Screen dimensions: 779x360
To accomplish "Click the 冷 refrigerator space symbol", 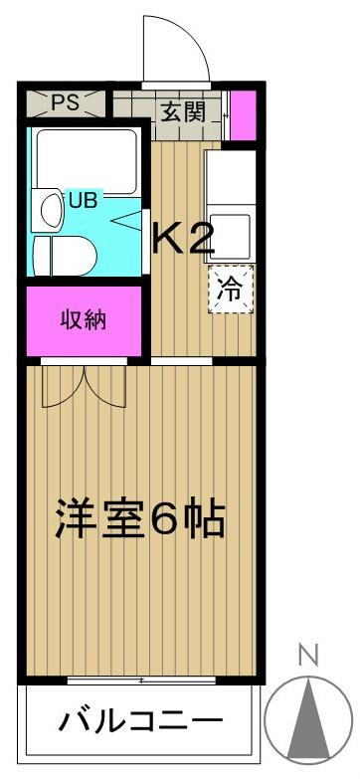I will pyautogui.click(x=230, y=290).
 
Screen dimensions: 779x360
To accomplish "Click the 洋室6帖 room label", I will pyautogui.click(x=139, y=518).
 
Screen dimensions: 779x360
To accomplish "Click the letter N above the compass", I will pyautogui.click(x=308, y=656).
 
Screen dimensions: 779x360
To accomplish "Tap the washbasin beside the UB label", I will pyautogui.click(x=47, y=208).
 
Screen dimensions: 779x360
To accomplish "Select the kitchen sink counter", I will pyautogui.click(x=230, y=179).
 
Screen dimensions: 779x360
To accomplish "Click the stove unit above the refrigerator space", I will pyautogui.click(x=230, y=235).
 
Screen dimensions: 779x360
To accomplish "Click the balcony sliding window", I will pyautogui.click(x=144, y=681).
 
